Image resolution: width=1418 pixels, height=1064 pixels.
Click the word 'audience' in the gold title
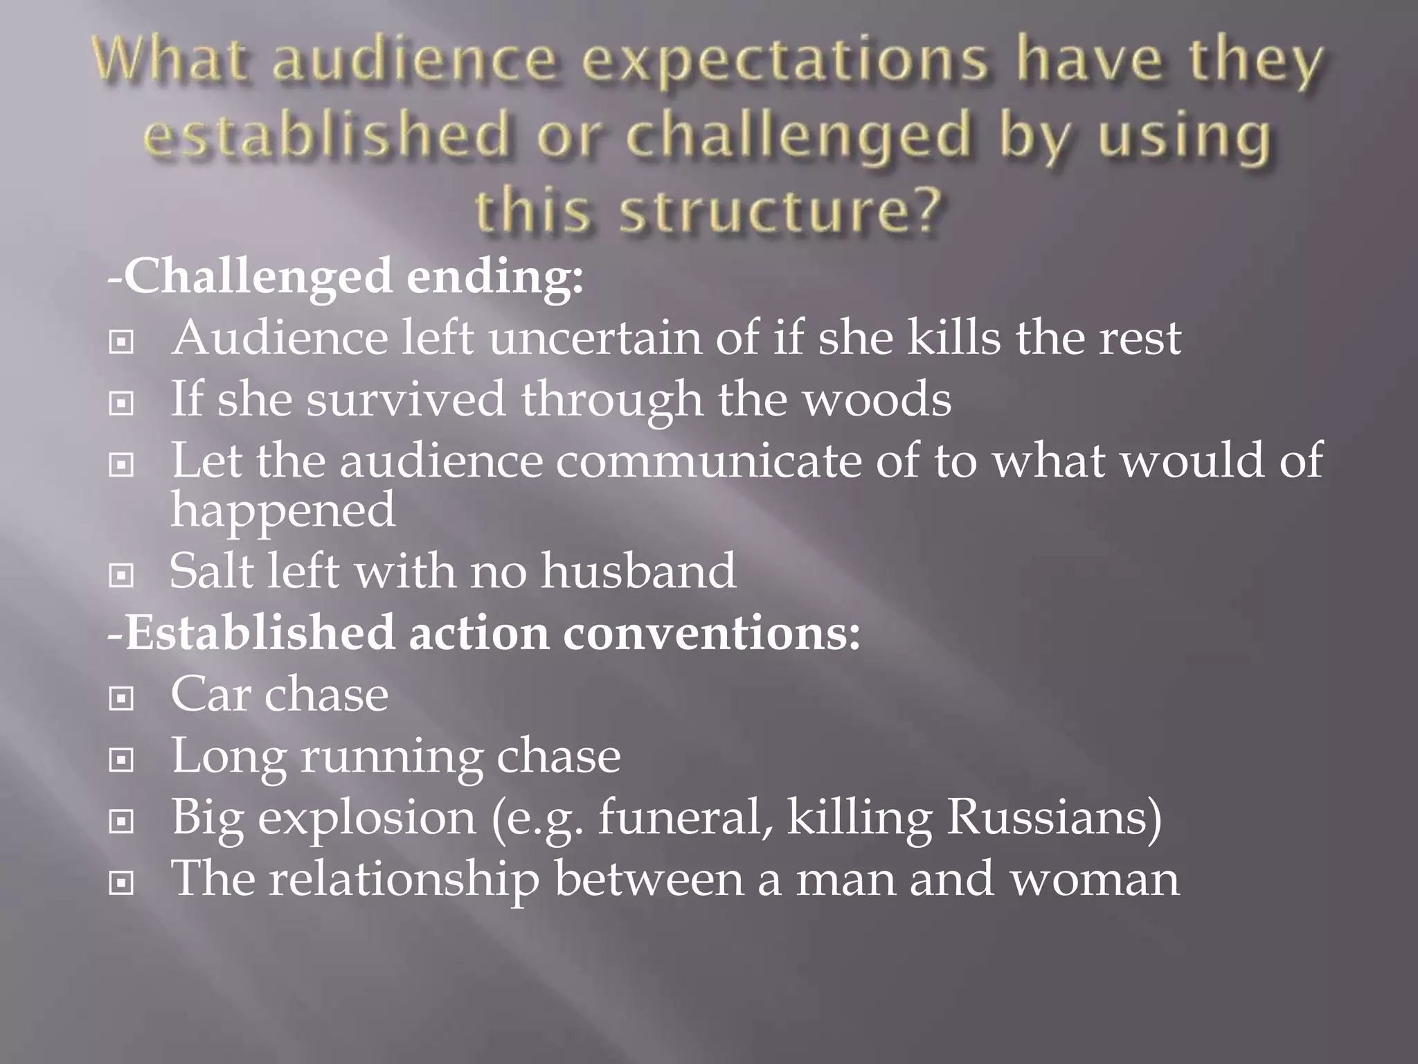[413, 61]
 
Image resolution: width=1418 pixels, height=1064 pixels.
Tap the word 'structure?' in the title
[780, 210]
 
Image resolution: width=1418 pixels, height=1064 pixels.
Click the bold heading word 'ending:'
[495, 276]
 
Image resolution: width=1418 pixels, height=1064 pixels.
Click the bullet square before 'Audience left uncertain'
[121, 342]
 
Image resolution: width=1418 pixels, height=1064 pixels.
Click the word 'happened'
[283, 511]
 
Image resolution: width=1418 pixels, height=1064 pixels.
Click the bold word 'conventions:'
[711, 632]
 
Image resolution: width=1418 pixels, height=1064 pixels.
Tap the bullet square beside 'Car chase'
[121, 698]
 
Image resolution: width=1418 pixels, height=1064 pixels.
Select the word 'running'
[391, 756]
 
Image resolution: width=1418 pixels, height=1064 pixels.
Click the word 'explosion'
[367, 818]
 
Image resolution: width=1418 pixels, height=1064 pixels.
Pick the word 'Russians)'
[1054, 817]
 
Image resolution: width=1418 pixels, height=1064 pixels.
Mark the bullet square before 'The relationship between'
[121, 883]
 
